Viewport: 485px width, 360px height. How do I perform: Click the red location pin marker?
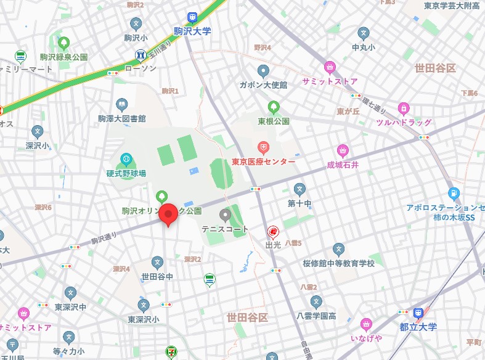(x=168, y=215)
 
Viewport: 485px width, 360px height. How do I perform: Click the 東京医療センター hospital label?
(x=263, y=162)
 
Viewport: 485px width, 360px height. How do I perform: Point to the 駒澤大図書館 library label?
(x=121, y=118)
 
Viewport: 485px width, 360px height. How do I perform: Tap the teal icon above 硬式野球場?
(x=126, y=159)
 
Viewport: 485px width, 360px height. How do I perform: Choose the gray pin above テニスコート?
(x=225, y=215)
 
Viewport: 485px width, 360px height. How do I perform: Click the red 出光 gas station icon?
(x=272, y=232)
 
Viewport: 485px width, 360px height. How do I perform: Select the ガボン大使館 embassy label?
(x=263, y=85)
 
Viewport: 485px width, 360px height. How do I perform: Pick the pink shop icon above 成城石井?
(x=343, y=150)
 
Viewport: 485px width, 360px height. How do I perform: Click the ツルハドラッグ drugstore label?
(x=404, y=123)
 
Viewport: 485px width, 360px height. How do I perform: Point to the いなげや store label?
(x=366, y=338)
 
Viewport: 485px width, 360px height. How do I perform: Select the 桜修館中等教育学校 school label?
(x=338, y=263)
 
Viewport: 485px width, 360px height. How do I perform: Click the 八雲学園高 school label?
(x=316, y=316)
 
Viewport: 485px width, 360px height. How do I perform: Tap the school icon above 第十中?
(x=300, y=189)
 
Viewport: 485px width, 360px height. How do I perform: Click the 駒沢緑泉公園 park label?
(x=64, y=57)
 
